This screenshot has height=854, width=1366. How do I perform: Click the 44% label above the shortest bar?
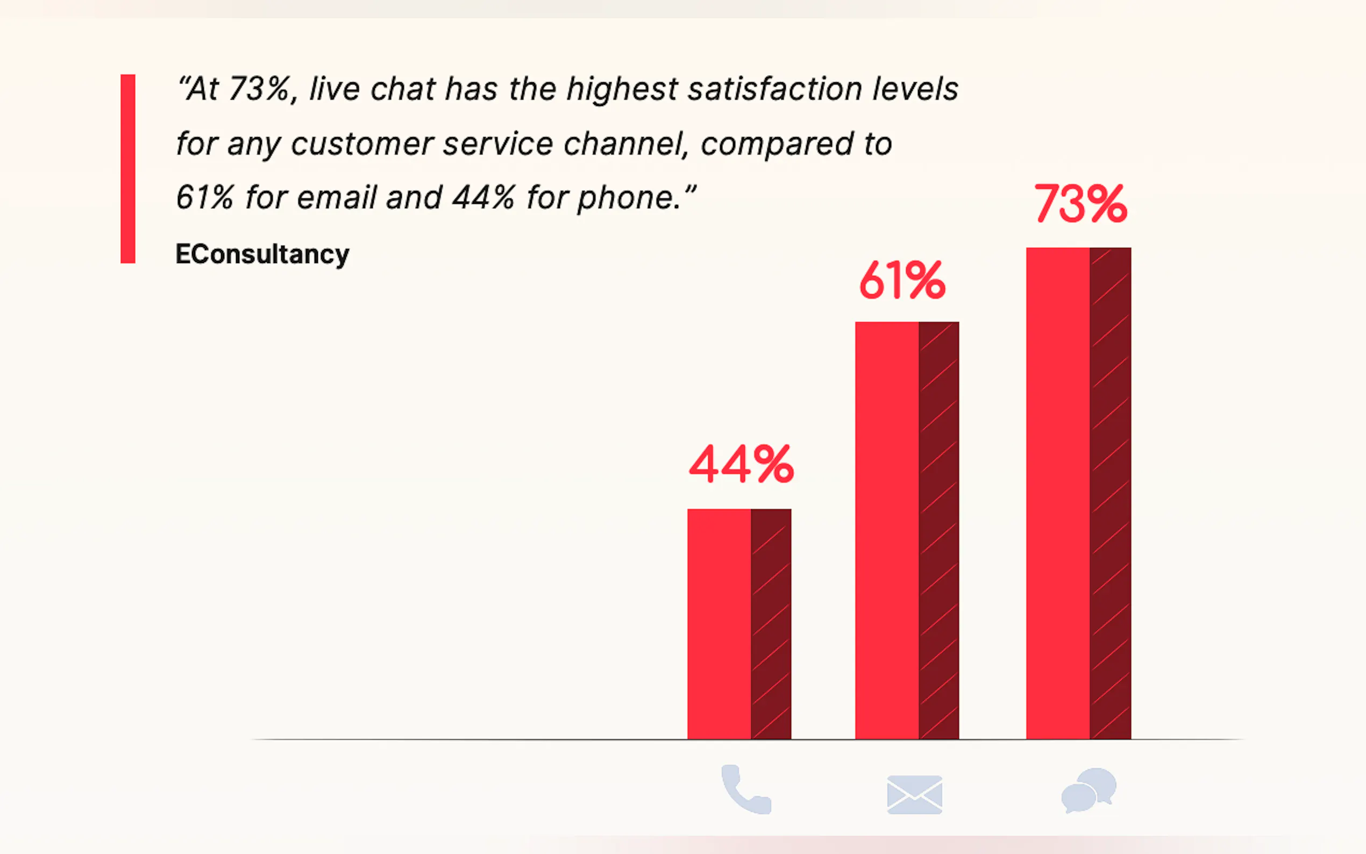(x=741, y=464)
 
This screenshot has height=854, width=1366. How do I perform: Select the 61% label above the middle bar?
(x=902, y=280)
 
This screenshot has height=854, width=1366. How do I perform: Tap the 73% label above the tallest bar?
(x=1080, y=204)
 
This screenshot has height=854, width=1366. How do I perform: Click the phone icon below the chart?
(x=745, y=789)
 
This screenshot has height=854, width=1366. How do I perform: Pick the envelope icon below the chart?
(x=914, y=795)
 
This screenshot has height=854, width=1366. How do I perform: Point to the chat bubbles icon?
(x=1088, y=790)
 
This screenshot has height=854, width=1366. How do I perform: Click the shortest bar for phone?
(x=738, y=624)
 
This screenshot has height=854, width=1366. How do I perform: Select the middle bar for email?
(x=906, y=530)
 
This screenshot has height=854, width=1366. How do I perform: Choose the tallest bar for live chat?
(x=1078, y=493)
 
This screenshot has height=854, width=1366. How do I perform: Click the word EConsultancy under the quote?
(x=262, y=254)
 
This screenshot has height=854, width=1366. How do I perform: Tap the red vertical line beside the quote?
(x=127, y=168)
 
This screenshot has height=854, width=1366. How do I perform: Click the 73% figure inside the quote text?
(x=259, y=89)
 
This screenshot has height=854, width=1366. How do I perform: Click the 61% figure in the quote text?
(x=204, y=198)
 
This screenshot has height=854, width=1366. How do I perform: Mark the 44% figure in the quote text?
(x=483, y=198)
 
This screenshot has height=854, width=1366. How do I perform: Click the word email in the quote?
(x=337, y=198)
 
